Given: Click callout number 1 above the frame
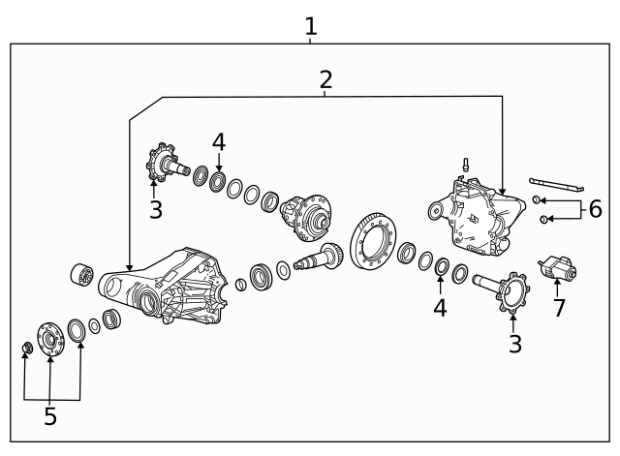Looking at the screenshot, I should (x=310, y=27).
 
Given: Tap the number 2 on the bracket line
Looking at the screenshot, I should (x=325, y=79).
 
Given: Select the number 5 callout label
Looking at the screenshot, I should (x=49, y=416).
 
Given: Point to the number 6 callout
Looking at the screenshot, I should (x=594, y=209).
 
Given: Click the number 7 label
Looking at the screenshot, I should (x=558, y=308).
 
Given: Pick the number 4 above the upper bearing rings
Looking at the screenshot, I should (x=219, y=142).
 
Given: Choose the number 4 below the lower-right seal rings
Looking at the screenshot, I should (x=441, y=307).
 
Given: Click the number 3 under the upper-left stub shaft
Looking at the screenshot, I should (x=155, y=210).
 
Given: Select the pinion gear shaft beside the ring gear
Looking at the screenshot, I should (x=319, y=258).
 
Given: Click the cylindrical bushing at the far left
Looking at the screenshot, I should (x=80, y=274).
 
